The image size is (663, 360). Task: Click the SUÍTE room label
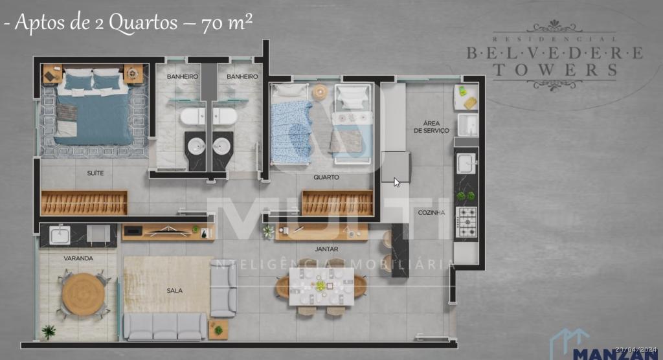(95, 173)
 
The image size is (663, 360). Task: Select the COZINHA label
(431, 212)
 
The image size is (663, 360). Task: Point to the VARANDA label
(78, 258)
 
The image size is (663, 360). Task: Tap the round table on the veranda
(83, 294)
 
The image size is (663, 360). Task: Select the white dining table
(322, 286)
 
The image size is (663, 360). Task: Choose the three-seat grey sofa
(165, 327)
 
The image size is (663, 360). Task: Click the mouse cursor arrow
(396, 182)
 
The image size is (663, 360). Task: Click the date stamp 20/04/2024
(637, 349)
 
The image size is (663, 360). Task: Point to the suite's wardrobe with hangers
(84, 203)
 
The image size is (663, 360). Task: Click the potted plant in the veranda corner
(49, 332)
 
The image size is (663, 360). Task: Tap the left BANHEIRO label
(183, 76)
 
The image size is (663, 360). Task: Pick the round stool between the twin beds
(320, 93)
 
